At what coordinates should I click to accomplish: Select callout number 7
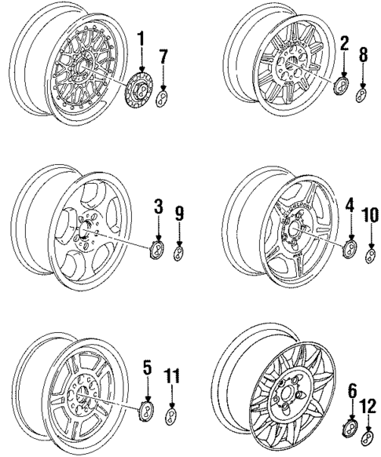click(164, 57)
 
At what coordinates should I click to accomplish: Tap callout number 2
click(344, 44)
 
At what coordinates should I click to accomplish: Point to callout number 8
click(363, 54)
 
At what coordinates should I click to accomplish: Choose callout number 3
click(159, 207)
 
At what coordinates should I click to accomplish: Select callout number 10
click(370, 215)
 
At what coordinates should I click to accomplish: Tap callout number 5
click(148, 367)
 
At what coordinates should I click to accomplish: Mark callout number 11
click(172, 377)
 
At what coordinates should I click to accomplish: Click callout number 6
click(353, 391)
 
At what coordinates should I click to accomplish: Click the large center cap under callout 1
click(139, 90)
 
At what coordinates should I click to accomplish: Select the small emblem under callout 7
click(163, 98)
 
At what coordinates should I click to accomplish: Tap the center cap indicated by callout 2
click(341, 86)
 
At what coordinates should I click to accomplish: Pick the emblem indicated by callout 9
click(178, 254)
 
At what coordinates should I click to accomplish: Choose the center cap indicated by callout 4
click(350, 249)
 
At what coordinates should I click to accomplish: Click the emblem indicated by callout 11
click(170, 417)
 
